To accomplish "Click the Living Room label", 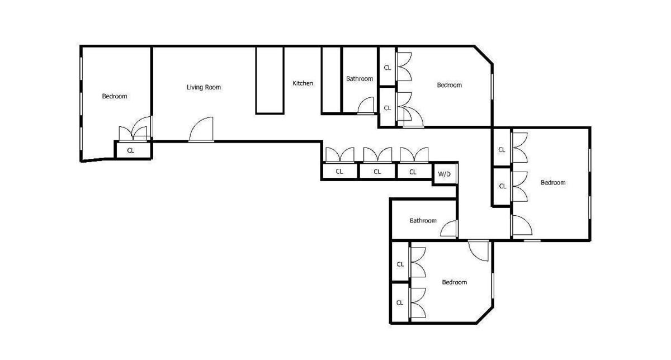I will click(204, 87).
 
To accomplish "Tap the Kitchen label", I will click(303, 83).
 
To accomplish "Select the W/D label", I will click(444, 174).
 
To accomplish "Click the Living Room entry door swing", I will click(202, 130).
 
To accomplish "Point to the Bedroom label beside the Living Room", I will click(114, 96).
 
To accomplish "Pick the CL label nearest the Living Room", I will click(130, 150).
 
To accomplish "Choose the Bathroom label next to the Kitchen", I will click(359, 79).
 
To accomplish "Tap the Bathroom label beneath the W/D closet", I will click(423, 221).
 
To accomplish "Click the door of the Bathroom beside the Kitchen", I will click(366, 106).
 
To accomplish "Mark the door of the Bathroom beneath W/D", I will click(449, 229).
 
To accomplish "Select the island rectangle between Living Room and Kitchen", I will click(270, 80).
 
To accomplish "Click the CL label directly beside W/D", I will click(413, 172).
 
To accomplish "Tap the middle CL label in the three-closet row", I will click(377, 172).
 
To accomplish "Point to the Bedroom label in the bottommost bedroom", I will click(454, 282).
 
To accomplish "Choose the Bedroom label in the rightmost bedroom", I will click(552, 183).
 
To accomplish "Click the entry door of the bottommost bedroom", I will click(479, 249).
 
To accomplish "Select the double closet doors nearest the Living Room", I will click(134, 132).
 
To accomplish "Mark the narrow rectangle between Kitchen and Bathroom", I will click(331, 80).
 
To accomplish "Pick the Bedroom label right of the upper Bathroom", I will click(449, 85).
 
